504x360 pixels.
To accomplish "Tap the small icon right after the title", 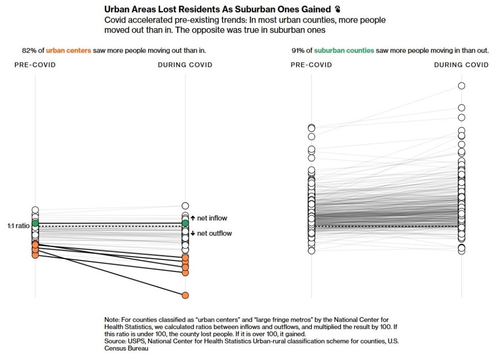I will pyautogui.click(x=337, y=9).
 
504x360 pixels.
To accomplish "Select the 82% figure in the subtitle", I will pyautogui.click(x=29, y=50).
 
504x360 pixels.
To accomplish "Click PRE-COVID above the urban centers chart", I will pyautogui.click(x=35, y=65).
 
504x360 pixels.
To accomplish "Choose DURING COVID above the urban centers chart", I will pyautogui.click(x=185, y=65).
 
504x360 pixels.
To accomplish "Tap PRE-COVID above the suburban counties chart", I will pyautogui.click(x=311, y=65).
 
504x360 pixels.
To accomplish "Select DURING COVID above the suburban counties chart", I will pyautogui.click(x=461, y=65).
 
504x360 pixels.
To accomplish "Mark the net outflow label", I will pyautogui.click(x=214, y=233).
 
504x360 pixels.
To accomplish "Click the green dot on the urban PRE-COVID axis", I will pyautogui.click(x=35, y=223).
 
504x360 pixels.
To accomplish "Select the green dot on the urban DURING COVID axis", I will pyautogui.click(x=185, y=223).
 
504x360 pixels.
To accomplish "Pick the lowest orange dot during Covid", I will pyautogui.click(x=185, y=295).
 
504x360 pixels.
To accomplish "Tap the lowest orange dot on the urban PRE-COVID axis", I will pyautogui.click(x=35, y=255).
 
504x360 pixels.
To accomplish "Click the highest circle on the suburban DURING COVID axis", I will pyautogui.click(x=462, y=86).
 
